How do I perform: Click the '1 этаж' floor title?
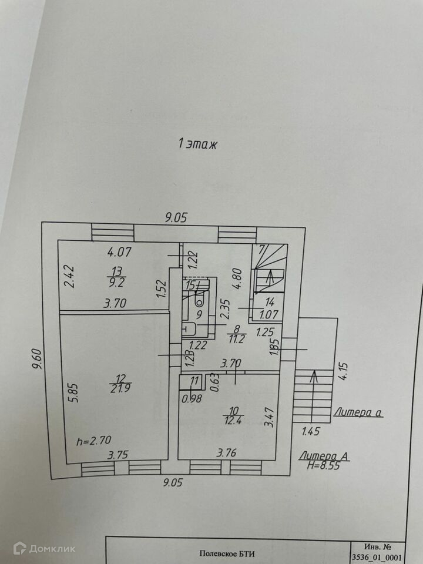pyautogui.click(x=198, y=143)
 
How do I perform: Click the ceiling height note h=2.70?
pyautogui.click(x=95, y=439)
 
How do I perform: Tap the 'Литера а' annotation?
pyautogui.click(x=358, y=412)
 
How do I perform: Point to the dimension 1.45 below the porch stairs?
pyautogui.click(x=311, y=432)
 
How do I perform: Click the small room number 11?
pyautogui.click(x=195, y=381)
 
